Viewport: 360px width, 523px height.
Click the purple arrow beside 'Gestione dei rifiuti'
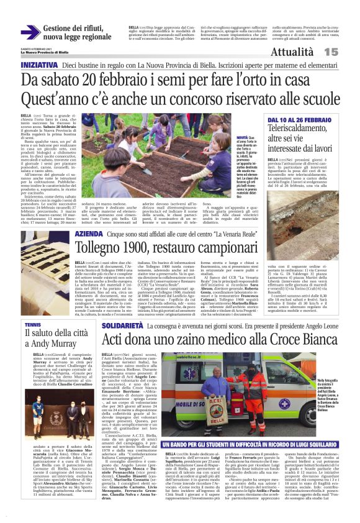30,32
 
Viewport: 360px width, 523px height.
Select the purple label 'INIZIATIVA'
40,65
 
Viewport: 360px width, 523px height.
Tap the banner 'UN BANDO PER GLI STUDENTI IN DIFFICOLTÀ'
254,445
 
